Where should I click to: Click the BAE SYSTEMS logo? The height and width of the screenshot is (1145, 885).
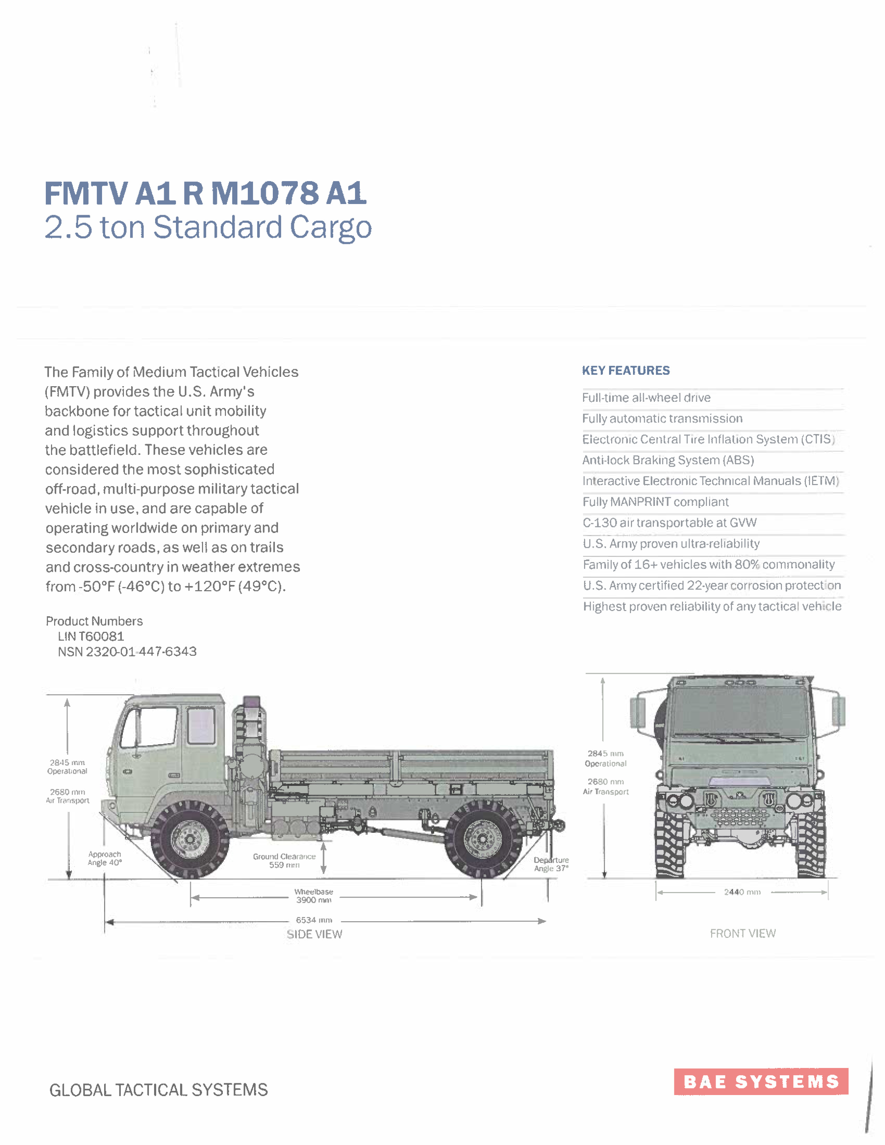pos(761,1081)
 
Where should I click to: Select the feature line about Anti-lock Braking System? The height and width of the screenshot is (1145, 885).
pos(668,460)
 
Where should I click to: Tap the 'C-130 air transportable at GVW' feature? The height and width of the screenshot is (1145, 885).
pos(669,523)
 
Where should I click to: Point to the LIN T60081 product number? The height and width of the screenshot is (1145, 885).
pos(91,636)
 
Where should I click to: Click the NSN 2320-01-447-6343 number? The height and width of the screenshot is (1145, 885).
pos(127,652)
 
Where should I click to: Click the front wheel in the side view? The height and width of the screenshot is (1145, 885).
pos(190,839)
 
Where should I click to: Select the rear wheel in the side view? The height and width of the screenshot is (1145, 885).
pos(482,839)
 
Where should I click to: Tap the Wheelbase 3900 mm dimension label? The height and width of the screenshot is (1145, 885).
pos(313,896)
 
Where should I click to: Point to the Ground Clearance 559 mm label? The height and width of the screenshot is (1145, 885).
pos(284,861)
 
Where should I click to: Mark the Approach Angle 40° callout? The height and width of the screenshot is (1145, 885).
pos(105,858)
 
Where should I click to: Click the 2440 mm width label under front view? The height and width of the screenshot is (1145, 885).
pos(742,892)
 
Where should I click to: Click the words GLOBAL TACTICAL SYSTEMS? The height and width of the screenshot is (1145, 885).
pos(158,1090)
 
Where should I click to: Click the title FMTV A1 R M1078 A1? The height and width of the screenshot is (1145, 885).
pos(205,194)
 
